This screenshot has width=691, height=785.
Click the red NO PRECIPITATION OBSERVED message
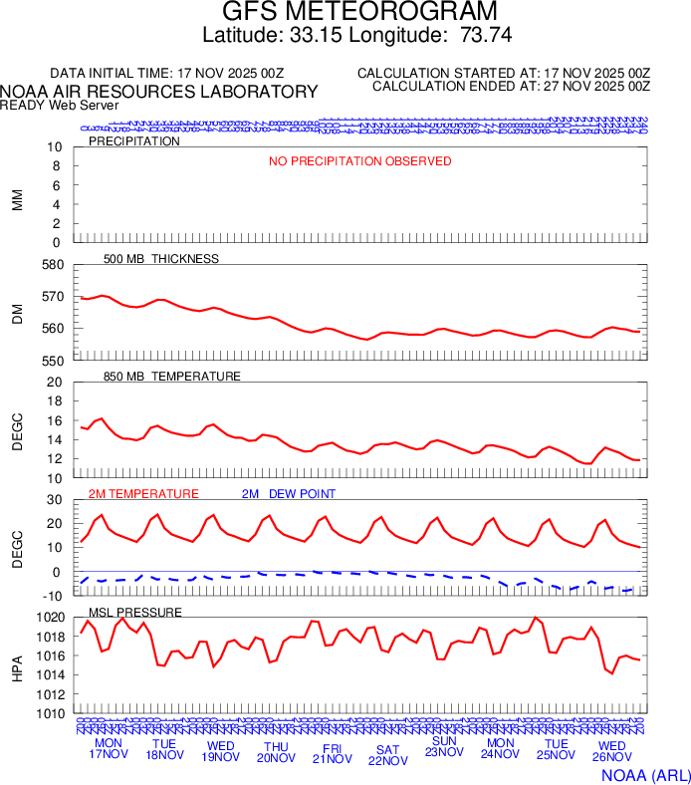pyautogui.click(x=359, y=161)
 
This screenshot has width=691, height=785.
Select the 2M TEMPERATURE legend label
pyautogui.click(x=143, y=494)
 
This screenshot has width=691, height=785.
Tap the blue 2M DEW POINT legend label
pyautogui.click(x=289, y=494)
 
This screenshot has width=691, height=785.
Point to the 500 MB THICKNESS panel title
pyautogui.click(x=160, y=259)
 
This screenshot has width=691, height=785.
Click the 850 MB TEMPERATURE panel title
pyautogui.click(x=171, y=377)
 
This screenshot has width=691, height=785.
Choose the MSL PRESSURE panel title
pyautogui.click(x=135, y=612)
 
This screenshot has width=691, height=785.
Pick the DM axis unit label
pyautogui.click(x=17, y=312)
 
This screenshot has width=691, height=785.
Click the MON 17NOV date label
pyautogui.click(x=108, y=749)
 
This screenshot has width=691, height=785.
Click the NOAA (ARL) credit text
pyautogui.click(x=645, y=774)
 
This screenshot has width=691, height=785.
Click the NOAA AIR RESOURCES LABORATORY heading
pyautogui.click(x=159, y=92)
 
